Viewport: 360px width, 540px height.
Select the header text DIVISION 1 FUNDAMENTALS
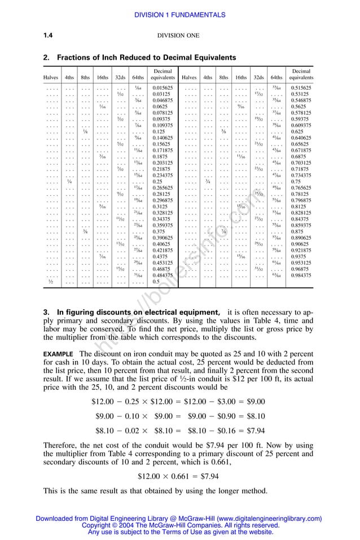tap(180, 15)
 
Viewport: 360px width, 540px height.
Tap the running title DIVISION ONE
tap(178, 36)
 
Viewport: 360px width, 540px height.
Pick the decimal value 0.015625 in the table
tap(163, 88)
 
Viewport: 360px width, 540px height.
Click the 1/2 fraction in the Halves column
tap(50, 281)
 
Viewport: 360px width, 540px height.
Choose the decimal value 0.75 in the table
tap(296, 182)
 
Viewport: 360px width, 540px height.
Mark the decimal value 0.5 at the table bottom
tap(156, 281)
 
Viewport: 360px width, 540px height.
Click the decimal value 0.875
tap(297, 231)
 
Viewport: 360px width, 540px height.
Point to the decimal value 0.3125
tap(161, 207)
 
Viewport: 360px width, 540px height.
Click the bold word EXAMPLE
tap(59, 354)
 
